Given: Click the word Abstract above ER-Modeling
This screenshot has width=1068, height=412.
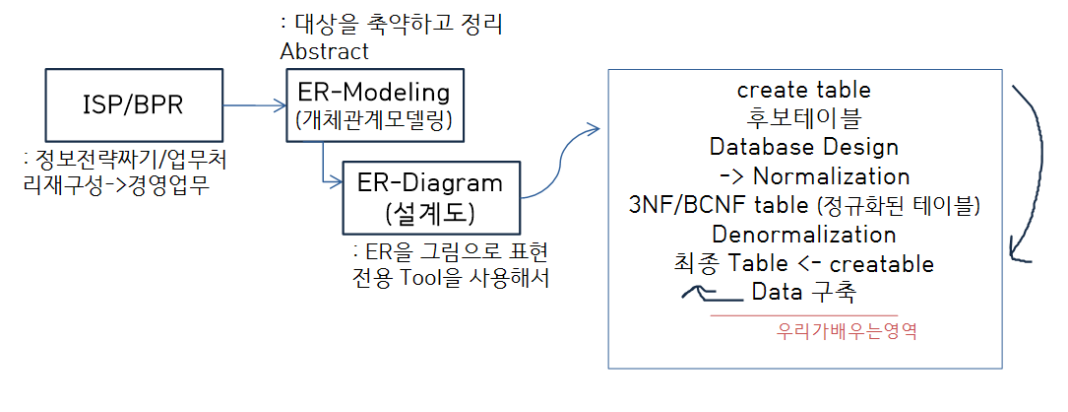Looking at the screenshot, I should pos(326,50).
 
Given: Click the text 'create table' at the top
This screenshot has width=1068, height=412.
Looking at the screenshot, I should pos(803,90).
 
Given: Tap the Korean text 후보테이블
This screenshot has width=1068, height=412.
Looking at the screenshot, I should pos(803,118).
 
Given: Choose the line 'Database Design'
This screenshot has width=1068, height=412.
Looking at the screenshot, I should pos(803,147).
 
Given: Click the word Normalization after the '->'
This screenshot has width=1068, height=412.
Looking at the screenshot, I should pos(833,176).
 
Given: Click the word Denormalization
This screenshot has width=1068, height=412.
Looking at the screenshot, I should pos(803,235).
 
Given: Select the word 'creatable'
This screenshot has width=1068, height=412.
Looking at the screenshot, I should pos(882,264).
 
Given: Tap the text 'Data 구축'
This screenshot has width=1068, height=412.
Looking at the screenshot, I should pos(803,293).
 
